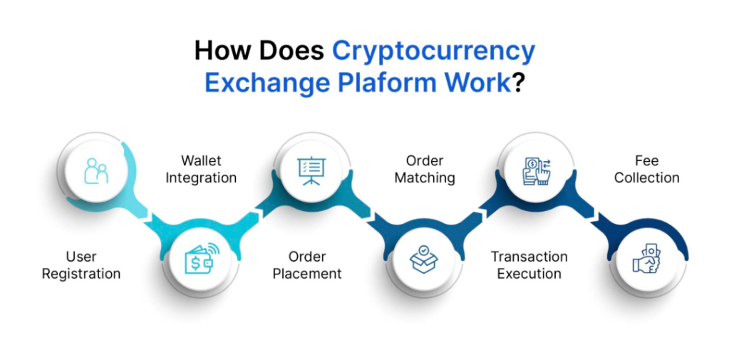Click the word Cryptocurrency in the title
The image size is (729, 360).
click(433, 52)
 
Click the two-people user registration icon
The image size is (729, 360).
click(96, 171)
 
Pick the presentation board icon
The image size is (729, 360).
click(311, 170)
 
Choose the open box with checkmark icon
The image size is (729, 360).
click(424, 259)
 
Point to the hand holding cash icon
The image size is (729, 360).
click(647, 259)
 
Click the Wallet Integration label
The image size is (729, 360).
click(201, 169)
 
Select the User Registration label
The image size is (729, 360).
click(81, 265)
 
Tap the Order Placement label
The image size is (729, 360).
click(307, 265)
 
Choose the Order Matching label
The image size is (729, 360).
click(425, 169)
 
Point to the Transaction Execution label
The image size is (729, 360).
click(529, 265)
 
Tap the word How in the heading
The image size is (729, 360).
click(223, 52)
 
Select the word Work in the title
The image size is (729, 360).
click(477, 82)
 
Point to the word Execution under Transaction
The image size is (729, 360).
click(529, 274)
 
